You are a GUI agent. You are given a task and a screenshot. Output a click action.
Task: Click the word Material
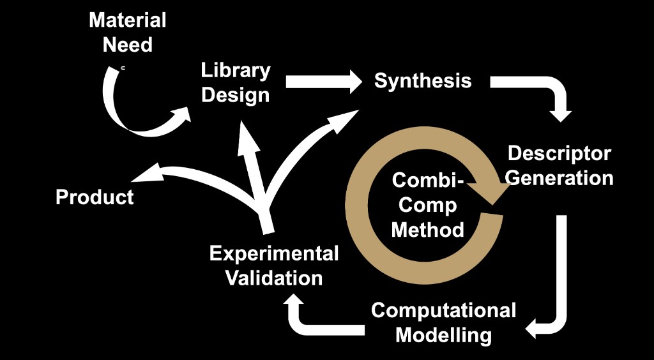pos(128,20)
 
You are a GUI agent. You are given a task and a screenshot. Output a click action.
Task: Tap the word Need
pos(128,45)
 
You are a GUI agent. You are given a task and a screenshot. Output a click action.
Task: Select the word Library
pos(236,70)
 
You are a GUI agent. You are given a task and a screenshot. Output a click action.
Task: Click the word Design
pos(236,96)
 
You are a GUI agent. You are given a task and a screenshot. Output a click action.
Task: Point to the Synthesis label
pos(423,81)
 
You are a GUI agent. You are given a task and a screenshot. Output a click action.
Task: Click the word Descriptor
pos(559,154)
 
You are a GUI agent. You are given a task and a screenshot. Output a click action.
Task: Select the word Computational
pos(444,311)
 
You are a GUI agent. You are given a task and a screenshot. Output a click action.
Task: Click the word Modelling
pos(444,335)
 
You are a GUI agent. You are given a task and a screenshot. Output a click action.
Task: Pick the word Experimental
pos(274,254)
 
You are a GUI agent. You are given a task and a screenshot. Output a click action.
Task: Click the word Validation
pos(274,278)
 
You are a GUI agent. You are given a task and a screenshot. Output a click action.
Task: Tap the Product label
pos(95,197)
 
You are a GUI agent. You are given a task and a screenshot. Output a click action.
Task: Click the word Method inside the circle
pos(427,229)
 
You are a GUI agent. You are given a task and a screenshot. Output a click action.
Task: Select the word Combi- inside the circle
pos(427,181)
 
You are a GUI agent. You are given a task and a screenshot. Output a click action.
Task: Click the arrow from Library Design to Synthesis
pos(323,81)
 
